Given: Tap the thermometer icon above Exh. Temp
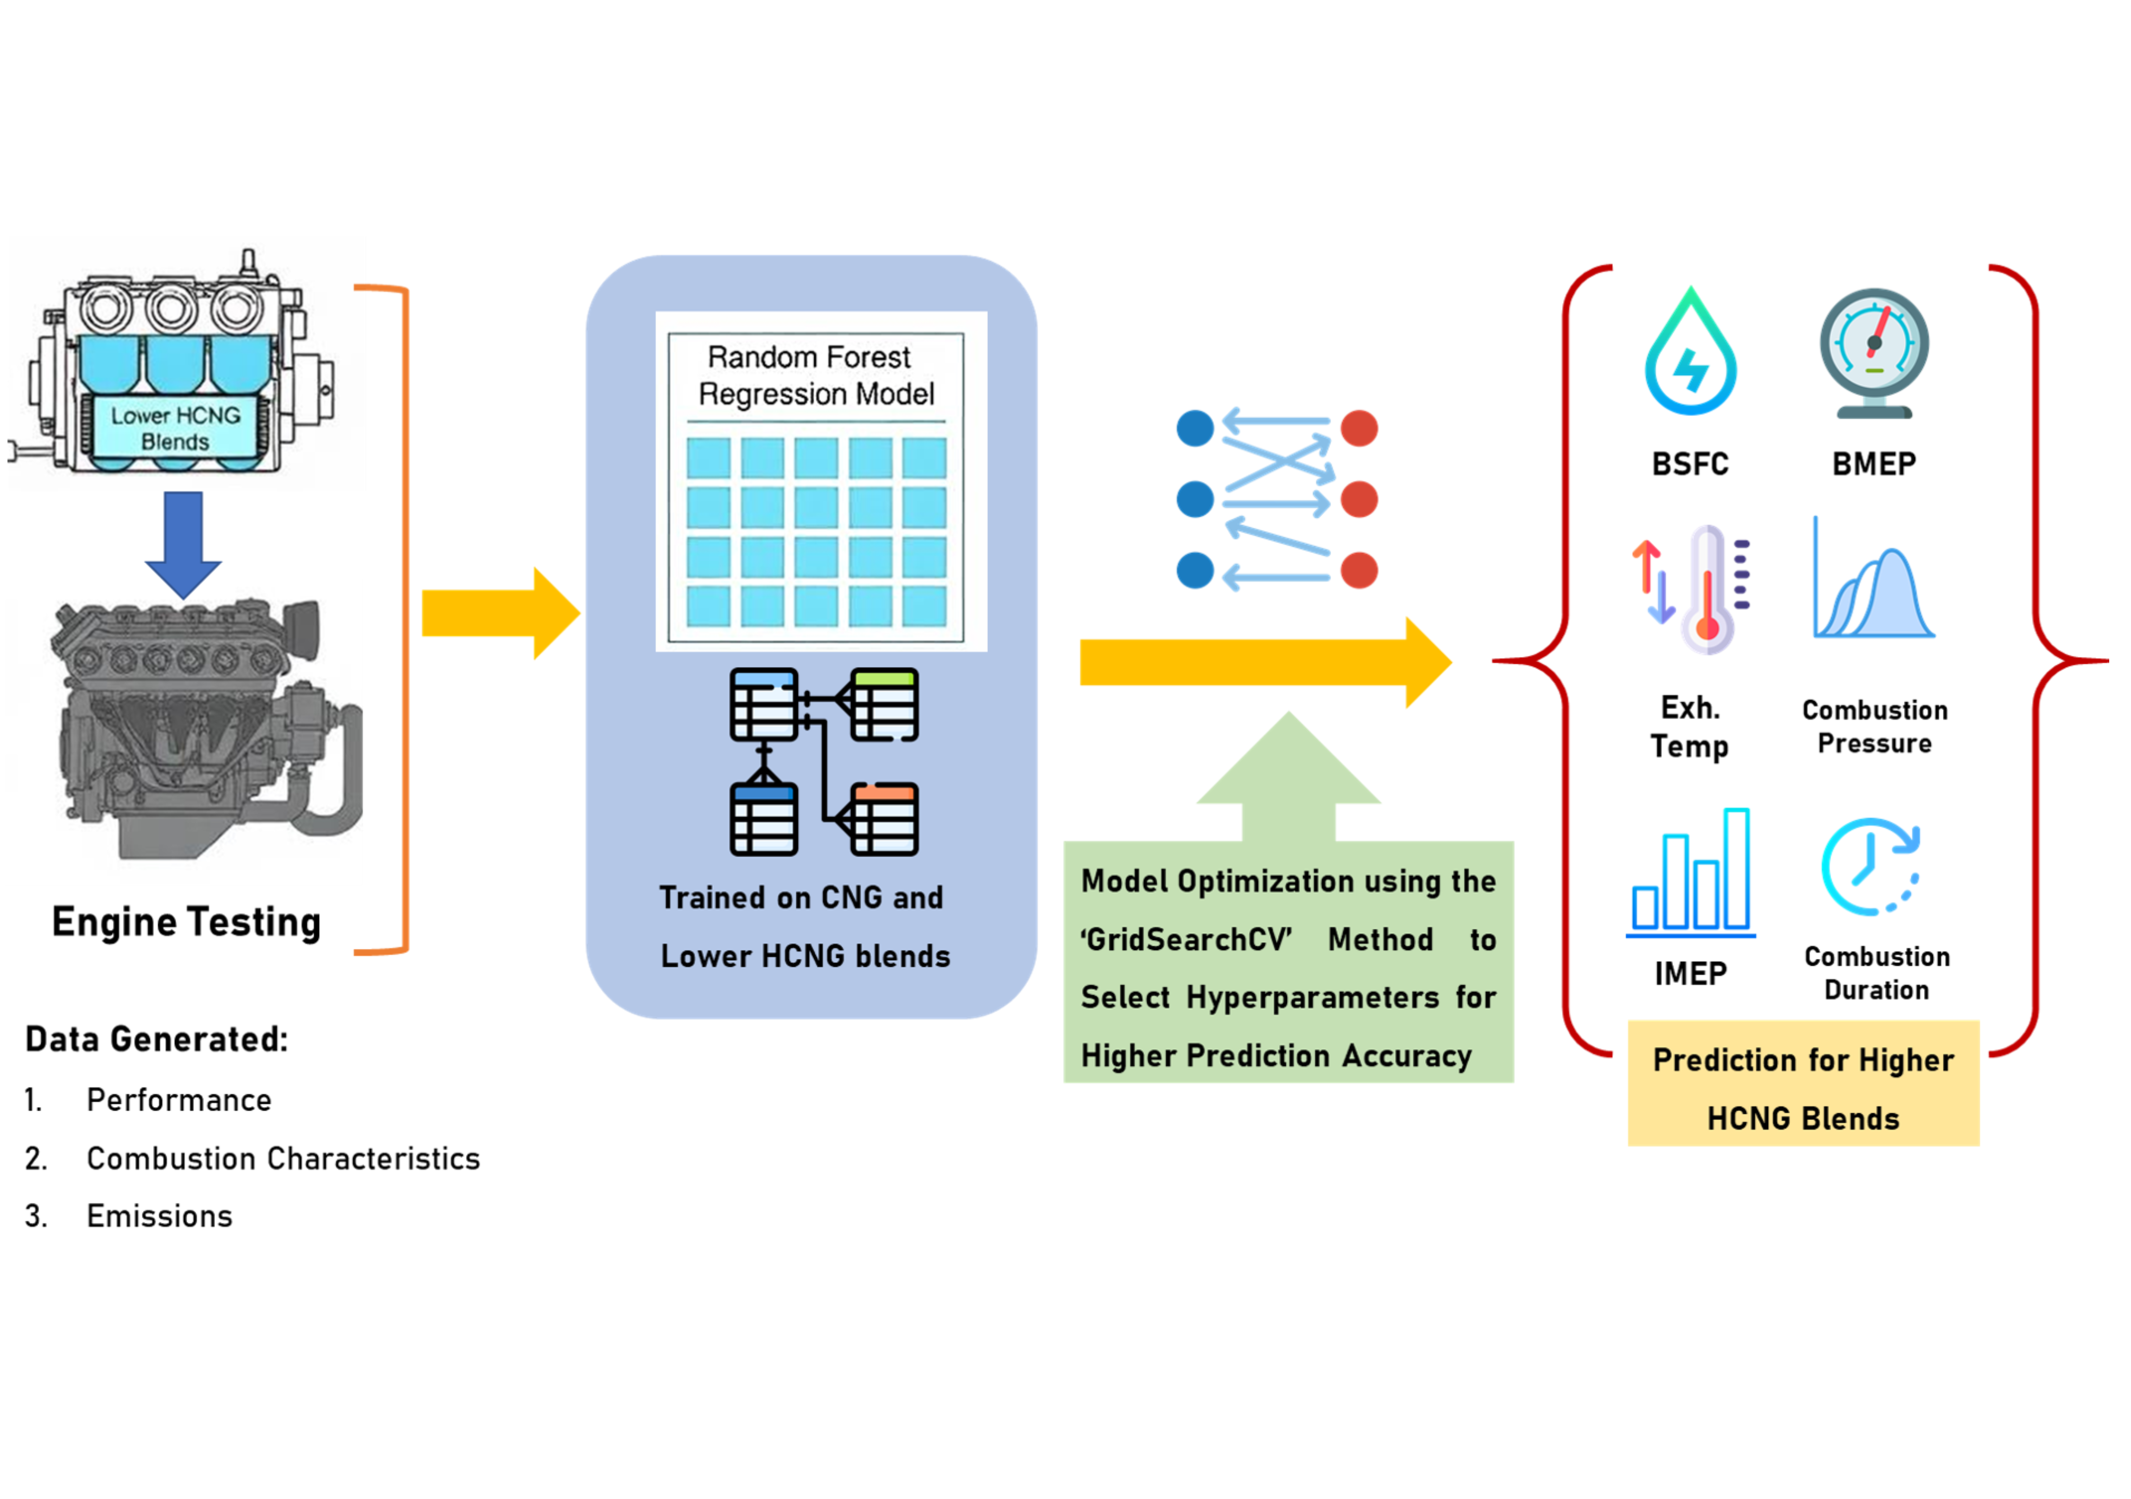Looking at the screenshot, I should pos(1706,590).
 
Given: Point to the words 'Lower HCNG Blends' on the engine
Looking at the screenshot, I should pos(175,428).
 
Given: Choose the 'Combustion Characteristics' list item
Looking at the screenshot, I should pos(283,1158).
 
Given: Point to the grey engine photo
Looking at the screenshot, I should pos(209,729).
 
